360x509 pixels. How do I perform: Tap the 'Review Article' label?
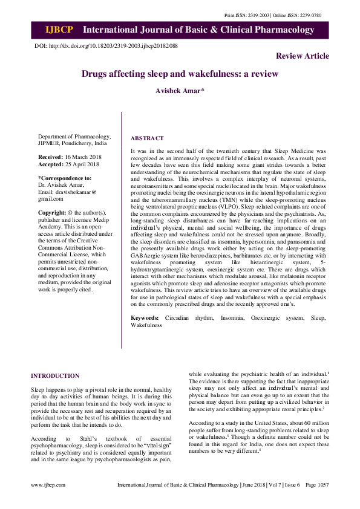click(303, 56)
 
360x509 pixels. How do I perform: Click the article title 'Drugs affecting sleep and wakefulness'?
click(180, 74)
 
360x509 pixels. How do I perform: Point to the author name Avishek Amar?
click(180, 91)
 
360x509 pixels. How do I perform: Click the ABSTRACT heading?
click(147, 138)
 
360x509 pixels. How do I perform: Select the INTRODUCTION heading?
click(54, 375)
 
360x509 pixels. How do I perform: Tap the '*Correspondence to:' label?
click(65, 178)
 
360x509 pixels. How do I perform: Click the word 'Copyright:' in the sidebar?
click(51, 213)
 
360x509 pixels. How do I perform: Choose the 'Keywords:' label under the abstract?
click(145, 317)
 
